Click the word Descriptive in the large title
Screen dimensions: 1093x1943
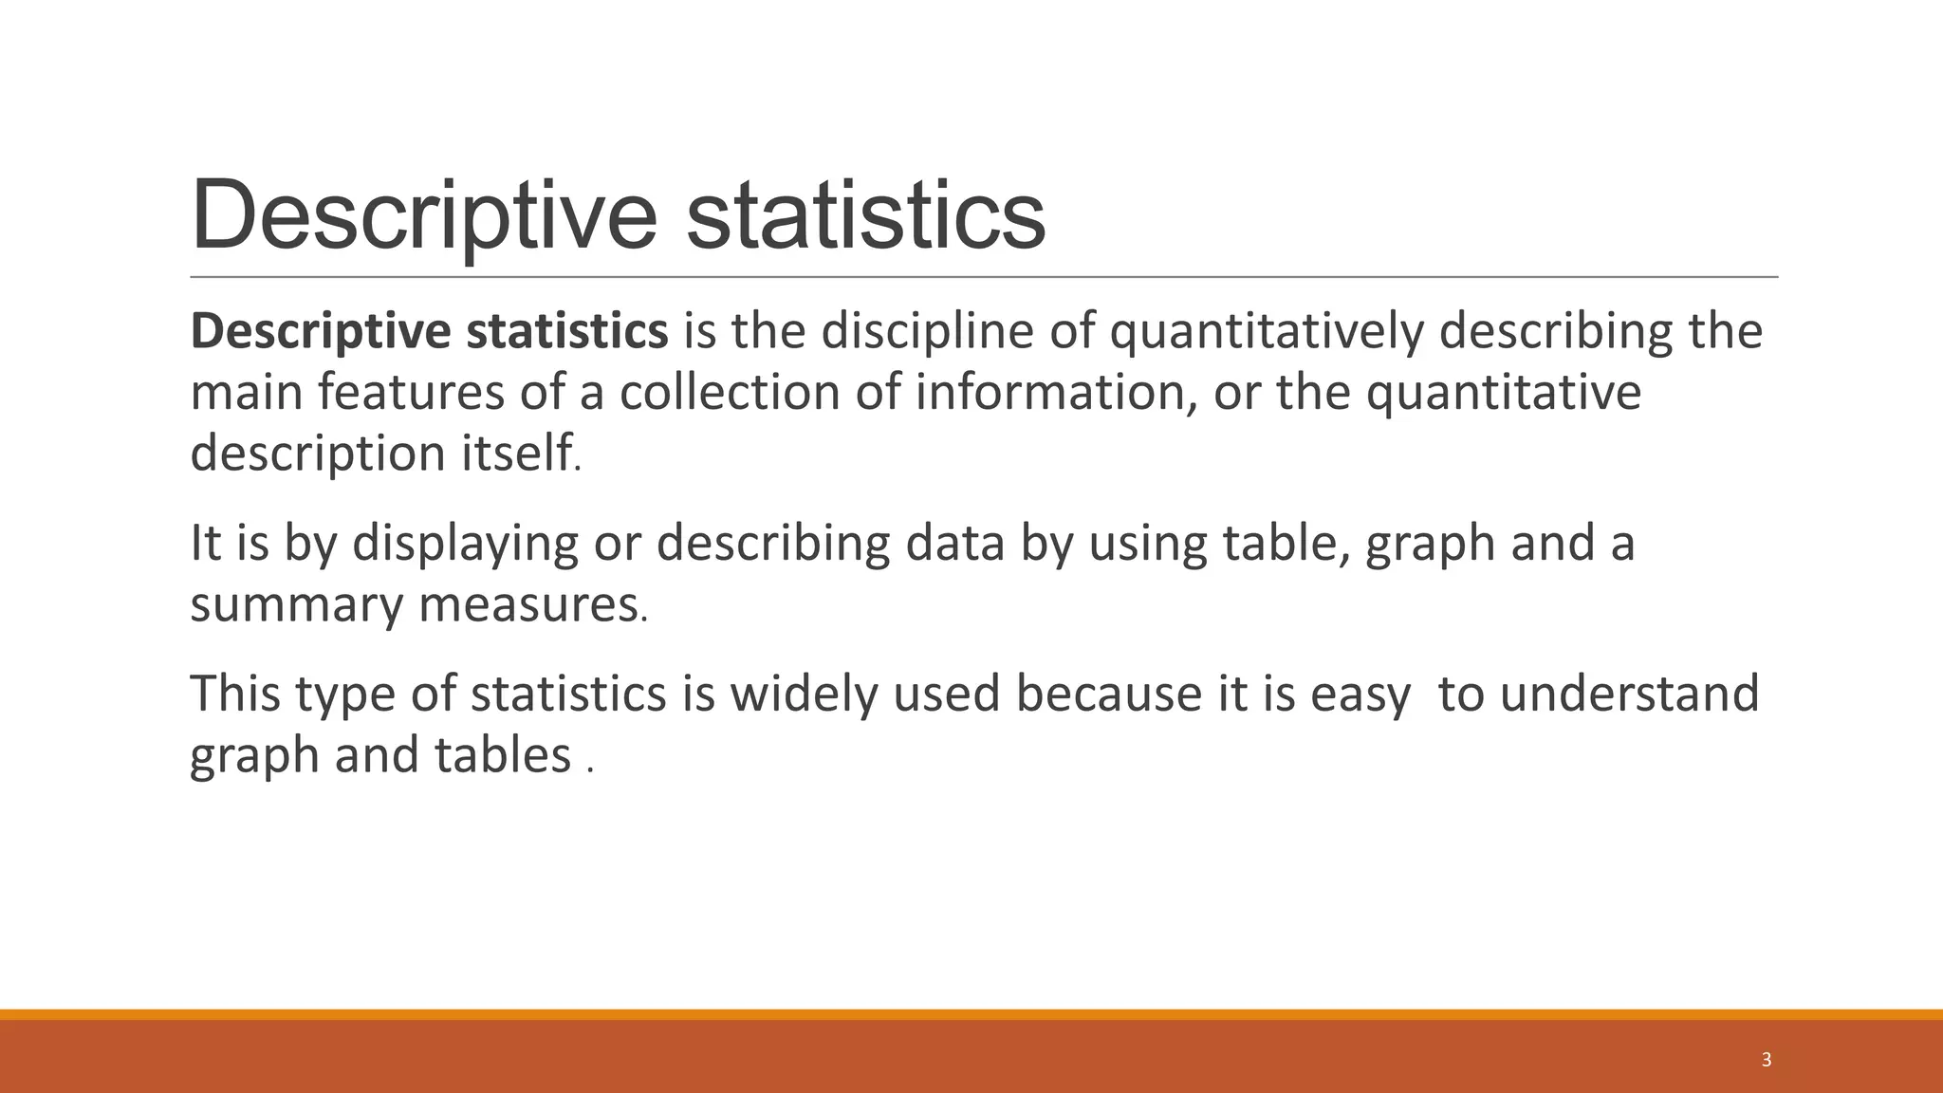423,216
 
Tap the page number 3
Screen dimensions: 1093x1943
1766,1060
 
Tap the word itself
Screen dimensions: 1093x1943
518,453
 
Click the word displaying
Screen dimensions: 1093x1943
465,543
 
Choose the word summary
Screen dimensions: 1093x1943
296,604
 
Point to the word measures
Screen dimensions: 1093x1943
528,604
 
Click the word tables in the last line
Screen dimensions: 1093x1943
503,755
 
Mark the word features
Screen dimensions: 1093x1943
411,392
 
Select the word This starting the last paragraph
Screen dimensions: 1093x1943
235,694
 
